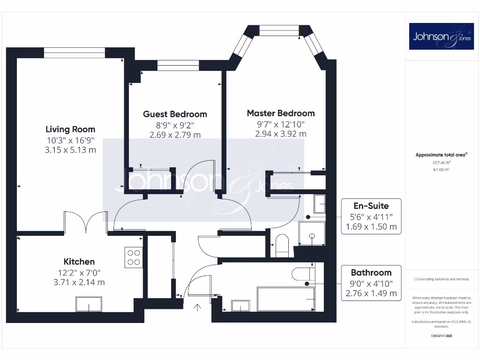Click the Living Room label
[70, 129]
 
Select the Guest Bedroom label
[175, 114]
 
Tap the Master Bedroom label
[281, 113]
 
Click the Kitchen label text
[79, 262]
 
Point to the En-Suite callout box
[371, 216]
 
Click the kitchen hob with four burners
[134, 257]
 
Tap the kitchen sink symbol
[89, 304]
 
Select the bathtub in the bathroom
[285, 299]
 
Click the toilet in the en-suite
[282, 245]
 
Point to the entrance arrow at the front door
[198, 307]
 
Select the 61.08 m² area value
[441, 169]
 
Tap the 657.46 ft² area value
[441, 162]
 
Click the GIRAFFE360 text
[441, 336]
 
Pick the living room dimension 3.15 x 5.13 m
[70, 150]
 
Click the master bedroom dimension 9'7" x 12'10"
[281, 124]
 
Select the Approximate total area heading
[442, 155]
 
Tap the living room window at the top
[75, 52]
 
